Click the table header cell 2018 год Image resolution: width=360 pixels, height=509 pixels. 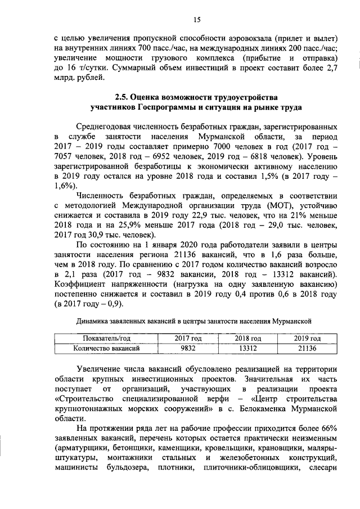tap(248, 339)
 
